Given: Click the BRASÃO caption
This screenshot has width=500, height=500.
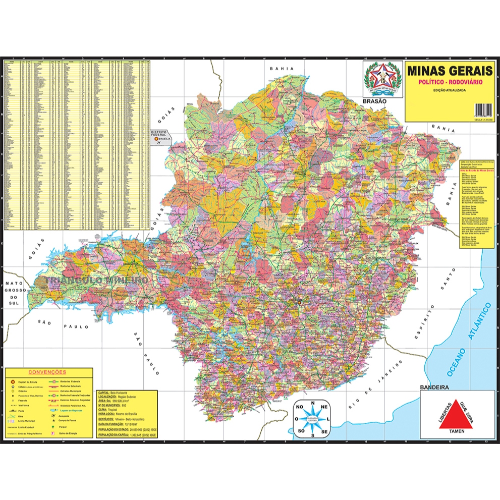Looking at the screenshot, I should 374,101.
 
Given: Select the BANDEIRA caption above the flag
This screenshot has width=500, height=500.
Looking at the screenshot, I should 434,387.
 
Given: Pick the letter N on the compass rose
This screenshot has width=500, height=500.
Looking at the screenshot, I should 313,403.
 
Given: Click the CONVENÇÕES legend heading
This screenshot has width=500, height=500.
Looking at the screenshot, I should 48,371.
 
